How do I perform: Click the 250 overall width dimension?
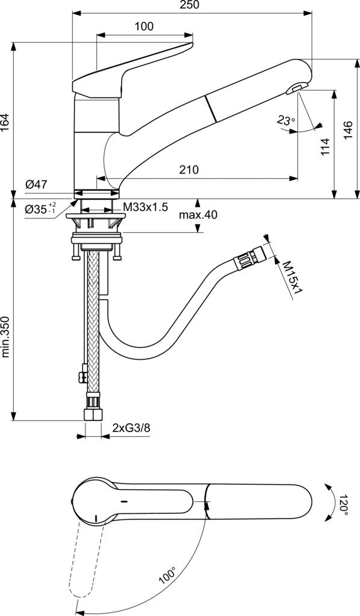pyautogui.click(x=190, y=5)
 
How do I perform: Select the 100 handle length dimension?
pyautogui.click(x=144, y=26)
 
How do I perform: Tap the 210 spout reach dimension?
pyautogui.click(x=189, y=170)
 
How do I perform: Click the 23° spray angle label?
pyautogui.click(x=286, y=120)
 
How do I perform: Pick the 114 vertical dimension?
pyautogui.click(x=325, y=146)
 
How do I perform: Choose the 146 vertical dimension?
pyautogui.click(x=348, y=130)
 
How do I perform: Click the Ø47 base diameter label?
pyautogui.click(x=36, y=184)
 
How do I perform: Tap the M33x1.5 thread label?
pyautogui.click(x=146, y=207)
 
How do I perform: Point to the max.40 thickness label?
pyautogui.click(x=197, y=215)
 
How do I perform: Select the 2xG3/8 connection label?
pyautogui.click(x=131, y=428)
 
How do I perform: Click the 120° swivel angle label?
pyautogui.click(x=342, y=505)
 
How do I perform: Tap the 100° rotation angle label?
pyautogui.click(x=167, y=575)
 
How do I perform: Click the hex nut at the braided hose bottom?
pyautogui.click(x=93, y=415)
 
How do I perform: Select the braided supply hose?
pyautogui.click(x=93, y=322)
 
